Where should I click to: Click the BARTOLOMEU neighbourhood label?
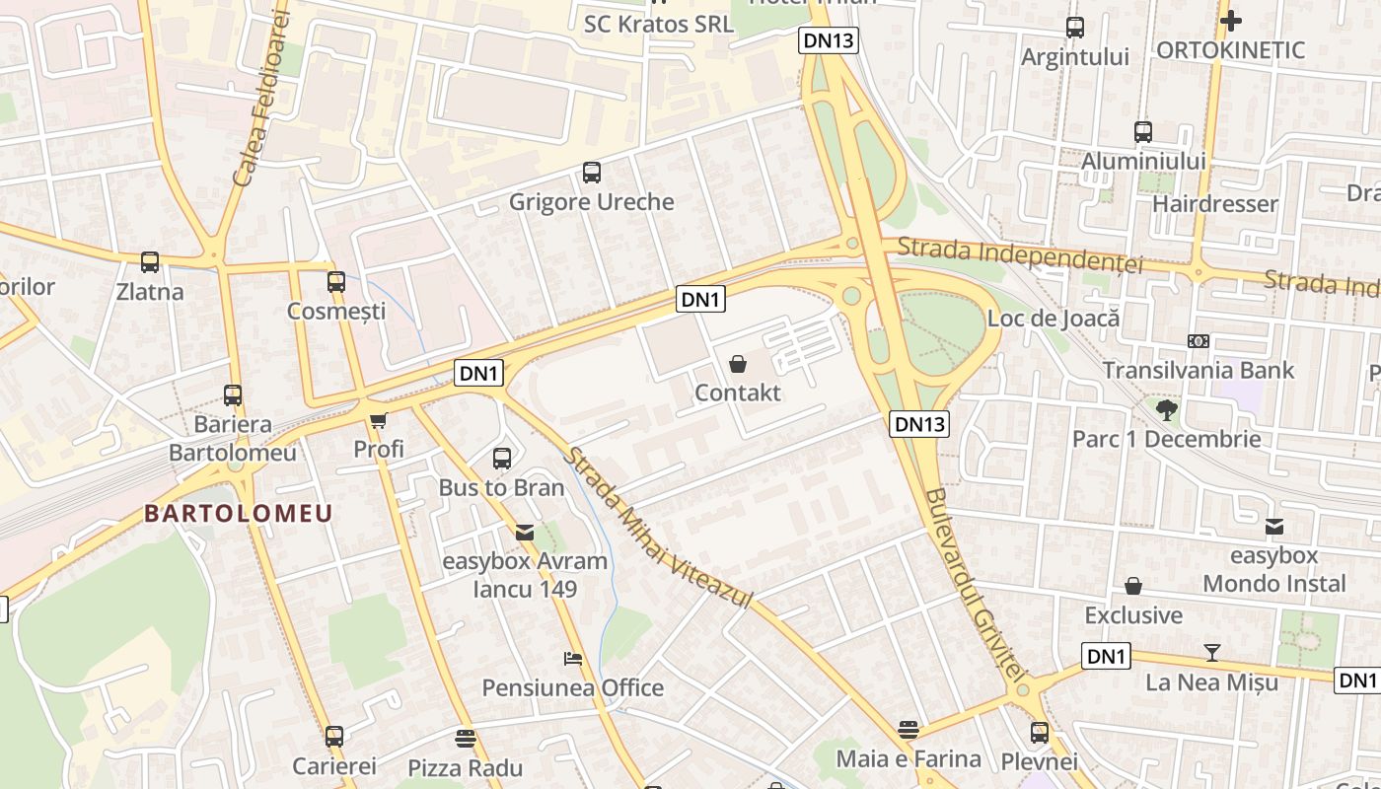(x=238, y=514)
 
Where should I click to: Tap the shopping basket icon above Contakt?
(x=738, y=365)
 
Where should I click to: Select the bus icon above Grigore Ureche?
(x=592, y=173)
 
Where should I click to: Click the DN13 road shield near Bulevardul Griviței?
(x=920, y=424)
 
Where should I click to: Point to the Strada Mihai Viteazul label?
(x=658, y=528)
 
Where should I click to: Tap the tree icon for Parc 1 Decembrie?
(x=1167, y=409)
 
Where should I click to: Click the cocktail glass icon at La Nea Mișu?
(x=1212, y=652)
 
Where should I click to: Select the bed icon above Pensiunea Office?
(x=573, y=658)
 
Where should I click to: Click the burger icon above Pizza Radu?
(x=466, y=738)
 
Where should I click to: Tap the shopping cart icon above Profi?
(x=378, y=421)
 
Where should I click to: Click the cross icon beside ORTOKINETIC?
(x=1230, y=20)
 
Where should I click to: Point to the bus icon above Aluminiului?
(x=1143, y=131)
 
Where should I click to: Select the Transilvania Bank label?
(x=1198, y=371)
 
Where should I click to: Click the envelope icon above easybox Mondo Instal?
(x=1274, y=527)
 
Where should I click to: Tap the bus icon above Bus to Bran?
(x=502, y=459)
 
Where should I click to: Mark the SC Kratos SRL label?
(x=659, y=24)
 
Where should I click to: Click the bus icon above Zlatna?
(x=150, y=262)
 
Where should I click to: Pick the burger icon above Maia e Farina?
(x=909, y=730)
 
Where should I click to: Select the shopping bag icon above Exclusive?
(x=1133, y=587)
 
